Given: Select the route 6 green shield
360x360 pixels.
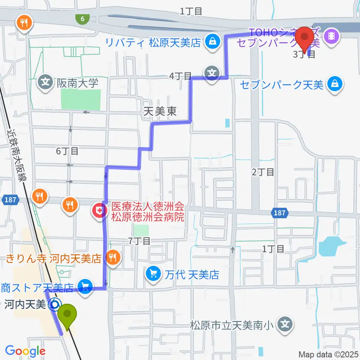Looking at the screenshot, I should coord(82,18).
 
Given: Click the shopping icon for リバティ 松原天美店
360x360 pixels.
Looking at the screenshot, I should coord(213,41).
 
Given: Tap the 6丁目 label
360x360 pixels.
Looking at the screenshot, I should coord(67,151).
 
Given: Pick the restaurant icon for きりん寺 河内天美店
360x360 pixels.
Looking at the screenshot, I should coord(112,257).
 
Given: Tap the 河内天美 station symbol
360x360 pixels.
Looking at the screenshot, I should coord(55,304).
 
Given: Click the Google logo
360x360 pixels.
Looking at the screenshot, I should coord(25,351).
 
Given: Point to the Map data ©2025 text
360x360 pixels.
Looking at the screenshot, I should coord(328,354).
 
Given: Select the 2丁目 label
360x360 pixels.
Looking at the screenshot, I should coord(262,172).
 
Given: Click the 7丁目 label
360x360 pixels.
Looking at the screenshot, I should coord(139,241).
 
